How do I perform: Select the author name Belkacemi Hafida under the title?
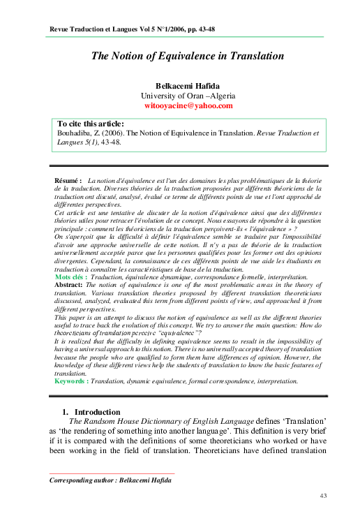coord(188,84)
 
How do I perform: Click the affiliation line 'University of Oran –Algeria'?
coord(188,96)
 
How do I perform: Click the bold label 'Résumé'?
coord(68,181)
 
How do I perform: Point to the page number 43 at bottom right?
coord(323,495)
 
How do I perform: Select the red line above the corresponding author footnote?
coord(112,473)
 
